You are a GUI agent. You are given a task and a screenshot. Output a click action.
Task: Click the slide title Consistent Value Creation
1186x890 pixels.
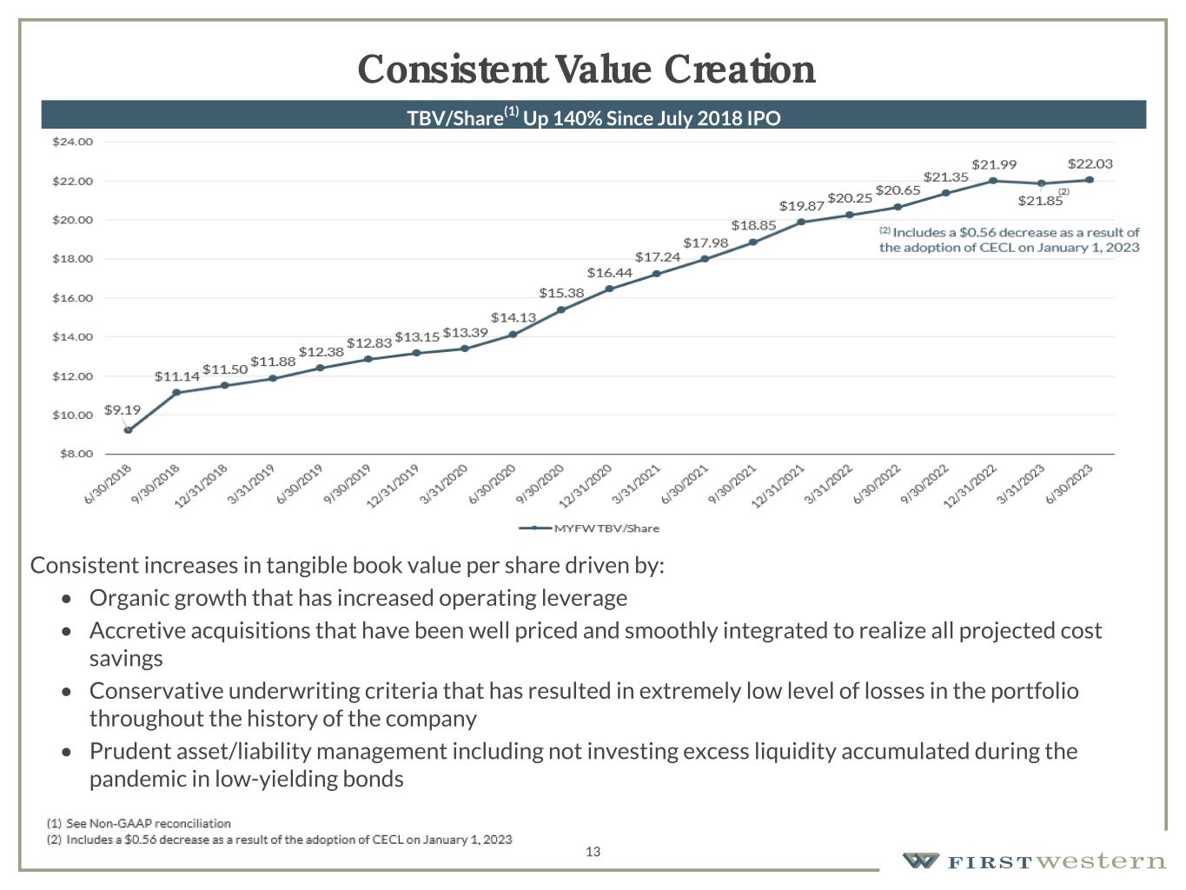(x=586, y=70)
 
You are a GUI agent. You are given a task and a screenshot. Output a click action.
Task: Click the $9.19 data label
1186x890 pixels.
(x=123, y=409)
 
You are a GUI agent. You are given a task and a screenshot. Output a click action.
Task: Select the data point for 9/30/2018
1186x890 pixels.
(x=176, y=393)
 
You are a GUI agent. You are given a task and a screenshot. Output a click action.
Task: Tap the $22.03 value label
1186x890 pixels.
(x=1090, y=163)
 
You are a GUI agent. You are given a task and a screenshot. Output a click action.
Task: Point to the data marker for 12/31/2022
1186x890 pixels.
(x=993, y=181)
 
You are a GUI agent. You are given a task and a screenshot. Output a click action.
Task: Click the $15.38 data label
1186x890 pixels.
(x=561, y=293)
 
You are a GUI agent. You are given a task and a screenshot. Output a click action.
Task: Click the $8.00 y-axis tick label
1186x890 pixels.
(x=75, y=454)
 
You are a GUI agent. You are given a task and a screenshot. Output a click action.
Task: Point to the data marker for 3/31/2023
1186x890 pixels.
(x=1042, y=183)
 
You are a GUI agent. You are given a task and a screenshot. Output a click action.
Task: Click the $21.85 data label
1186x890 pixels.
(x=1040, y=201)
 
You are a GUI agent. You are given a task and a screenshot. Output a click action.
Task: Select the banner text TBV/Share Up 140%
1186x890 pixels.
(x=593, y=117)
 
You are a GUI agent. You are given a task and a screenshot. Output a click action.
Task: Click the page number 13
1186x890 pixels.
(x=593, y=852)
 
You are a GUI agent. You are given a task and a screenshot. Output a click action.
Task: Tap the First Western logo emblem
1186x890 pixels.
(x=921, y=860)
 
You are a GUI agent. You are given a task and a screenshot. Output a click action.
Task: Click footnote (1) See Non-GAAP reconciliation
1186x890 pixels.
(x=139, y=823)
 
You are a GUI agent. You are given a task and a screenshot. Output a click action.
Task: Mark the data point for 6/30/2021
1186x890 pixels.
(x=705, y=259)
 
